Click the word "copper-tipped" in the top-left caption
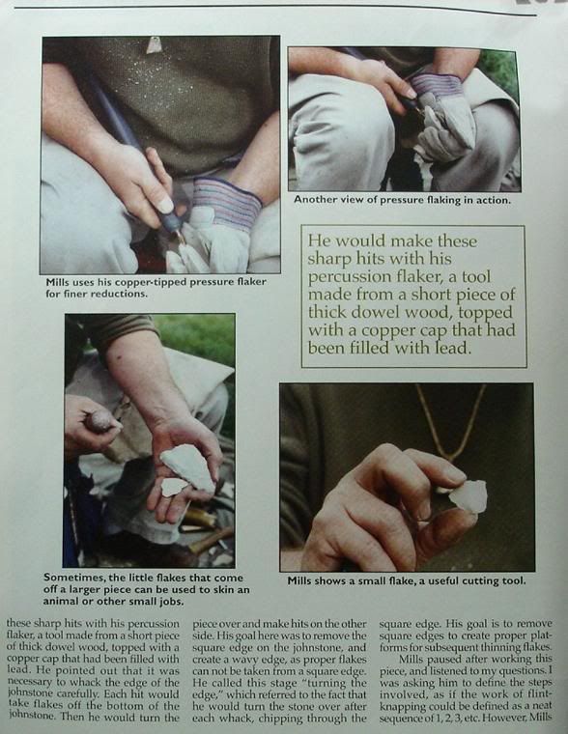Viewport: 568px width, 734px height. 147,282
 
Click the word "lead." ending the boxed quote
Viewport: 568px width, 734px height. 450,348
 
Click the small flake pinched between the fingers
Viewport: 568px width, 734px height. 468,496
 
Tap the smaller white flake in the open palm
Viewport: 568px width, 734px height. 173,487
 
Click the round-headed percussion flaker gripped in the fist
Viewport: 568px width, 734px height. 99,421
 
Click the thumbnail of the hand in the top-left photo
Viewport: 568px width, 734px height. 164,205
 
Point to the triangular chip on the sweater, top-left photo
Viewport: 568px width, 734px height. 154,45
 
